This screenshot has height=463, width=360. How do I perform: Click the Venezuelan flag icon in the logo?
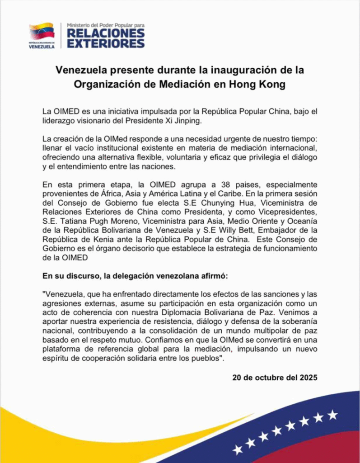tap(42, 31)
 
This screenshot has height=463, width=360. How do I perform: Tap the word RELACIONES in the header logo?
tap(106, 34)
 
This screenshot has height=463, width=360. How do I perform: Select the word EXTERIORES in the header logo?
tap(106, 43)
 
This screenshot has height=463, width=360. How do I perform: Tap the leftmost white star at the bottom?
tap(238, 449)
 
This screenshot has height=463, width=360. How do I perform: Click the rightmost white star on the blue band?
tap(332, 414)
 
